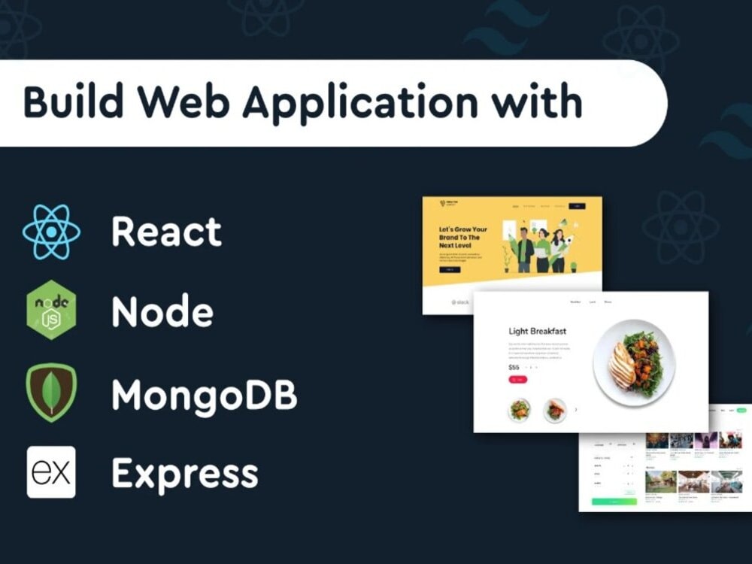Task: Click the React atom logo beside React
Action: pos(51,232)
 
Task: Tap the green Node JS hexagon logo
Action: pos(51,310)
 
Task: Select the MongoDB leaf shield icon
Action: pos(51,392)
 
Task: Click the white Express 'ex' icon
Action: pos(51,472)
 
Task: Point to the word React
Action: pos(166,232)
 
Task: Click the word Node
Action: pos(162,311)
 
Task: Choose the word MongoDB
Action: pos(205,393)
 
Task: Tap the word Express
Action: pos(185,474)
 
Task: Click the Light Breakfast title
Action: pos(537,331)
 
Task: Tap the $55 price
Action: pos(514,367)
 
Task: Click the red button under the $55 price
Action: pos(517,380)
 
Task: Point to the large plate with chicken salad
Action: pos(633,362)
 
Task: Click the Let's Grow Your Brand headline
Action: pos(463,238)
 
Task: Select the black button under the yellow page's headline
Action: pos(449,269)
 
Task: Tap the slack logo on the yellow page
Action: pos(460,302)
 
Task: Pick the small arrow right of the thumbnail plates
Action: pos(576,410)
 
